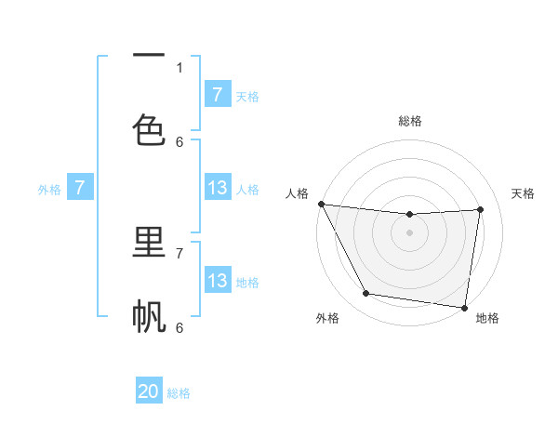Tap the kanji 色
pyautogui.click(x=149, y=129)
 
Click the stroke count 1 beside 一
pyautogui.click(x=179, y=67)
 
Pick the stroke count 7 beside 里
pyautogui.click(x=179, y=252)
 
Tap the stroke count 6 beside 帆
pyautogui.click(x=179, y=327)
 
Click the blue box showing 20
pyautogui.click(x=149, y=391)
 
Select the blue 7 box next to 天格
pyautogui.click(x=217, y=95)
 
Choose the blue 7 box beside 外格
pyautogui.click(x=80, y=188)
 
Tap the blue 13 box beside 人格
pyautogui.click(x=217, y=188)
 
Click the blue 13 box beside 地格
pyautogui.click(x=217, y=281)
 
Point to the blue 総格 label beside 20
pyautogui.click(x=179, y=393)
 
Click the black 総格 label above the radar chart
pyautogui.click(x=410, y=121)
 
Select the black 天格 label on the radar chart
pyautogui.click(x=524, y=193)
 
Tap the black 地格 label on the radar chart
pyautogui.click(x=487, y=318)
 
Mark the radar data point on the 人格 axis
pyautogui.click(x=321, y=204)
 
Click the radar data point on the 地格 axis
pyautogui.click(x=464, y=307)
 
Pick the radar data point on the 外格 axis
pyautogui.click(x=365, y=294)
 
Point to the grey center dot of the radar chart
pyautogui.click(x=410, y=232)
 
